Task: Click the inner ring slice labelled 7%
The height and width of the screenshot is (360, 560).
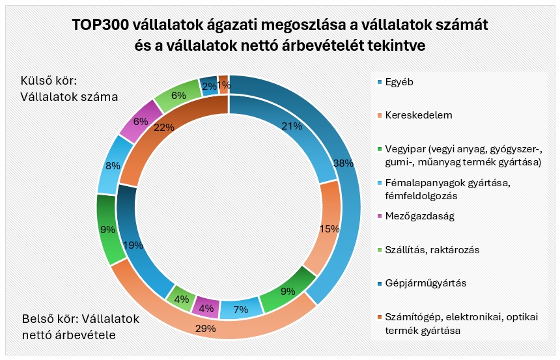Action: tap(240, 308)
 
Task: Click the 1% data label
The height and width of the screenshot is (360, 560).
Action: tap(223, 85)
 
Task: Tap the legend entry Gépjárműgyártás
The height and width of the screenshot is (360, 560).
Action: tap(426, 283)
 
